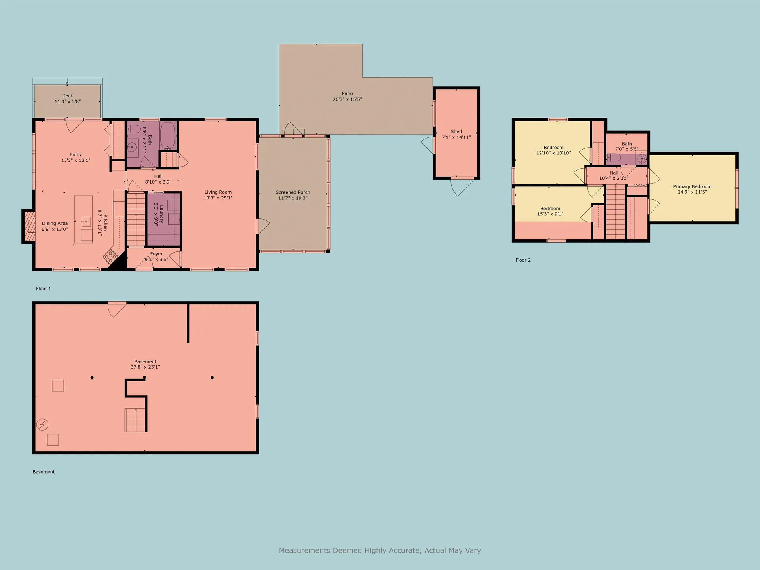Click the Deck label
(68, 95)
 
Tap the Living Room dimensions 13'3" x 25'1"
(218, 198)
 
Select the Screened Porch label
(293, 192)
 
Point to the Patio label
(348, 93)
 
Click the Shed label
(456, 131)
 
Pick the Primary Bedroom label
(692, 186)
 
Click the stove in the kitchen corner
(110, 257)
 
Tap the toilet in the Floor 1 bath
(133, 129)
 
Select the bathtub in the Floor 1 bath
(167, 136)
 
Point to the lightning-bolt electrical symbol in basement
(42, 425)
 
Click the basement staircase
(135, 420)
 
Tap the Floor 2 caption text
(523, 260)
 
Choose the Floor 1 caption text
(44, 289)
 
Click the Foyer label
(156, 254)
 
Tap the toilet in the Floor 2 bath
(614, 158)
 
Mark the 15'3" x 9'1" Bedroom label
(550, 211)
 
